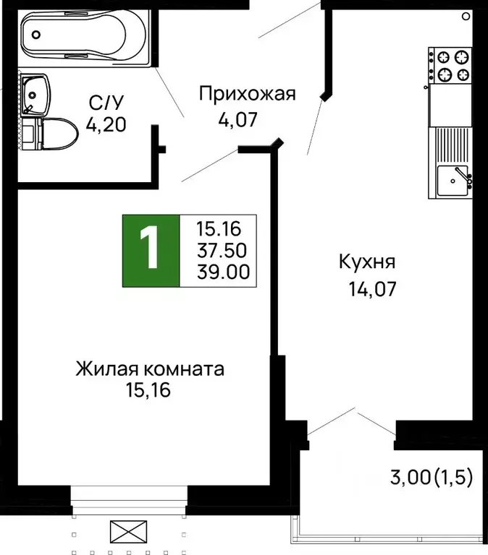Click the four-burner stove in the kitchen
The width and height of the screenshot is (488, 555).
point(449,65)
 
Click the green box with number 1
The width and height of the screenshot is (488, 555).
point(150,250)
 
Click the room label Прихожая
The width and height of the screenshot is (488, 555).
point(248,94)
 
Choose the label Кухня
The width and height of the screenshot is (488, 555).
point(367,262)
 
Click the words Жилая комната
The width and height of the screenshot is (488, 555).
point(150,369)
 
